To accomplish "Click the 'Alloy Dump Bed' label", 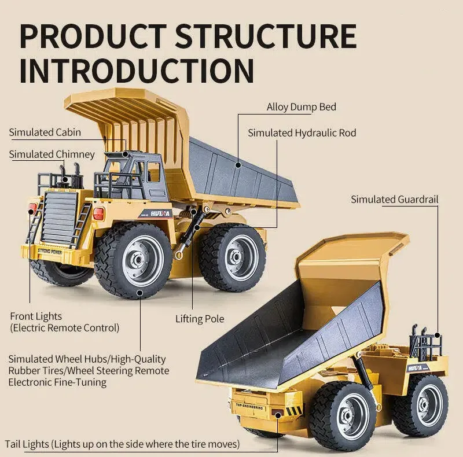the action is point(301,107).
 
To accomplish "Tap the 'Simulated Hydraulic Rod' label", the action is point(302,133).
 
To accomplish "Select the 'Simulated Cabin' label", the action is point(45,132).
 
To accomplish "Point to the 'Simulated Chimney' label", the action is point(52,154).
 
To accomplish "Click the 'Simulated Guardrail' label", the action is point(395,200).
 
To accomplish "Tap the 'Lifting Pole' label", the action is point(200,319).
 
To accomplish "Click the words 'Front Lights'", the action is point(36,316).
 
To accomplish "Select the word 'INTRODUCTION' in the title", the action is point(137,71).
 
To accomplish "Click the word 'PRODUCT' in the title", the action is point(93,36).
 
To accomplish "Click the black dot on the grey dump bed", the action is point(238,165).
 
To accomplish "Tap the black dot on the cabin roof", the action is point(126,154).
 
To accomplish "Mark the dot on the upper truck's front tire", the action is point(140,293).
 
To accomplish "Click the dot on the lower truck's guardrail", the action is point(438,336).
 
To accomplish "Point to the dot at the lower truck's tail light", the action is point(278,415).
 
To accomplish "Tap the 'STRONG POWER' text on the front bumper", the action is point(50,252).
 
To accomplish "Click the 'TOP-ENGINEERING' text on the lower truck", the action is point(249,406).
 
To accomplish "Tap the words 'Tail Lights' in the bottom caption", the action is point(27,444).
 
